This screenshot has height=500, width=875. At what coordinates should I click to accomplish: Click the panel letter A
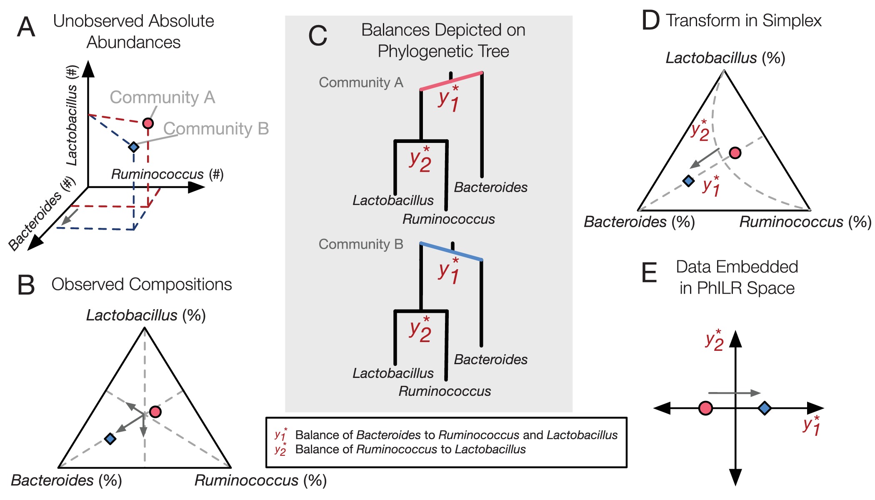[26, 27]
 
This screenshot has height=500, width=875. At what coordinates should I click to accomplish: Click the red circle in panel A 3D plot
[148, 123]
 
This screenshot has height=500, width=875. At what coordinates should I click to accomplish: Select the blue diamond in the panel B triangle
[110, 438]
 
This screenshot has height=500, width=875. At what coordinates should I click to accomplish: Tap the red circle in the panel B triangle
[155, 412]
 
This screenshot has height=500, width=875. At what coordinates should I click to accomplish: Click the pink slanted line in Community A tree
[451, 81]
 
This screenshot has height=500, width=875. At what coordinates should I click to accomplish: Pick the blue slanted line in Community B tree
[451, 252]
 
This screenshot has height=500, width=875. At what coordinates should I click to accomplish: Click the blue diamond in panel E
[765, 408]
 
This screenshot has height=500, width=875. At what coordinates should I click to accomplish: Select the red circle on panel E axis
[705, 408]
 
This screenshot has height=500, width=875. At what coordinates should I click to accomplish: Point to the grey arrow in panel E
[734, 393]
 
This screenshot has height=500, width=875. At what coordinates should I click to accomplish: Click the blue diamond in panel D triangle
[689, 181]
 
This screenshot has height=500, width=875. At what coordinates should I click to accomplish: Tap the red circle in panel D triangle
[735, 153]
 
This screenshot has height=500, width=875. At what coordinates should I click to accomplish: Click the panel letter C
[317, 36]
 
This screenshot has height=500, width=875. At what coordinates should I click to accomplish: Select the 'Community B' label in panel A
[216, 129]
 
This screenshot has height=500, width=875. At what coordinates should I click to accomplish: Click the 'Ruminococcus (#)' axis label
[167, 174]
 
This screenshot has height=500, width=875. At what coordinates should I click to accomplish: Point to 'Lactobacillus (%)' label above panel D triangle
[725, 58]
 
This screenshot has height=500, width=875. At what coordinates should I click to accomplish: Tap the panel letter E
[649, 273]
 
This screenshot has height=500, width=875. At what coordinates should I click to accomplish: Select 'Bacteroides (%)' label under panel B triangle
[66, 480]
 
